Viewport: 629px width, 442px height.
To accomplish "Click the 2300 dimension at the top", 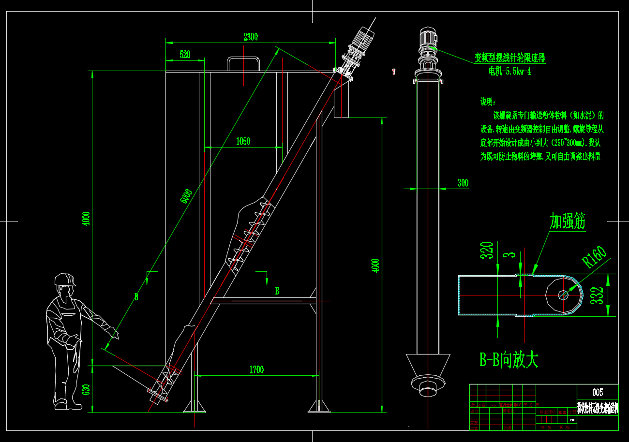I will click(251, 37).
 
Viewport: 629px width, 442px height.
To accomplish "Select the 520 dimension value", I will click(185, 55).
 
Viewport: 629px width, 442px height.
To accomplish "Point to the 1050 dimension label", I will click(243, 141).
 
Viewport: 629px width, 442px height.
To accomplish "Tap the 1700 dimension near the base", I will click(256, 370).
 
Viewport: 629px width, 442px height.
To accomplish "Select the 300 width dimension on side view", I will click(463, 183).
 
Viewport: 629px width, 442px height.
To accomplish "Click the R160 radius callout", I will click(594, 257).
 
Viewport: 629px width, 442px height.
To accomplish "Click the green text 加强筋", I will click(568, 221).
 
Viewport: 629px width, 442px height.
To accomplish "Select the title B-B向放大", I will click(509, 360).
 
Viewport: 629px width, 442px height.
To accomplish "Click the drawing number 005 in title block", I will click(598, 392).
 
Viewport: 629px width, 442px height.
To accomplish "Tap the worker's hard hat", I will click(64, 280).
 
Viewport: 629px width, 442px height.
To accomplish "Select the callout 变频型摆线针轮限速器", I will click(509, 59).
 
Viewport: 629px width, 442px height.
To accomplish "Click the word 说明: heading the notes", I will click(488, 102).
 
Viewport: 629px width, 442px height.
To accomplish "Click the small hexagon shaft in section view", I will click(563, 295).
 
